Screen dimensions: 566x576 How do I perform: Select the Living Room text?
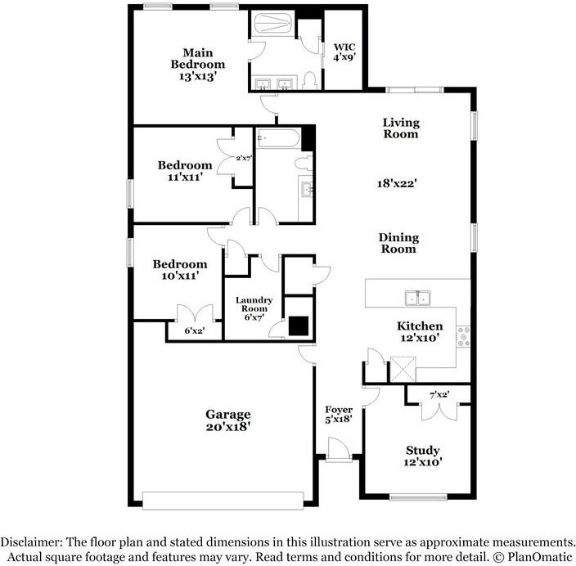401,128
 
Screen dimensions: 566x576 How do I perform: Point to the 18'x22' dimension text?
401,184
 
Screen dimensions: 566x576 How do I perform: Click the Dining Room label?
398,243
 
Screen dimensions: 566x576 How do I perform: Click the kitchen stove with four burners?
464,335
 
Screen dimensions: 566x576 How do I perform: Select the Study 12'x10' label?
423,456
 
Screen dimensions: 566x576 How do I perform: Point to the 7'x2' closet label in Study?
439,396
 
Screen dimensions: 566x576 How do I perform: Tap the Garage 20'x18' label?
227,420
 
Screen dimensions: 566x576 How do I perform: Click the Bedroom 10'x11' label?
180,271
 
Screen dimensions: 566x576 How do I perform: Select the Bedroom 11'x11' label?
186,171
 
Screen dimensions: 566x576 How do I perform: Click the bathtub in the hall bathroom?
278,137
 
